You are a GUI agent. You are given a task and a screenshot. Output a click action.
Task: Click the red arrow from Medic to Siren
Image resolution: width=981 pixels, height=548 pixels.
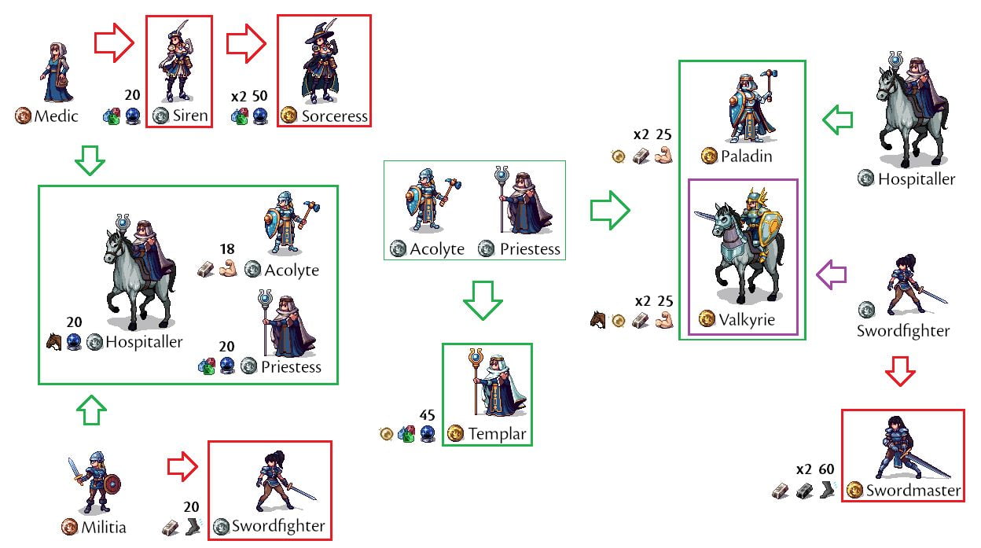click(x=115, y=45)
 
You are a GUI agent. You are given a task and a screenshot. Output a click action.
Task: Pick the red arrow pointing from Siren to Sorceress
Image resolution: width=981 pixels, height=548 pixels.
click(x=247, y=45)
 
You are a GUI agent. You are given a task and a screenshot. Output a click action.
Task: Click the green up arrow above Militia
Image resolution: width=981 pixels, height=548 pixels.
click(x=93, y=410)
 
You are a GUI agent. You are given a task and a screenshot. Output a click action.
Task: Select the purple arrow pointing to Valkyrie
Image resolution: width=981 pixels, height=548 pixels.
click(x=831, y=274)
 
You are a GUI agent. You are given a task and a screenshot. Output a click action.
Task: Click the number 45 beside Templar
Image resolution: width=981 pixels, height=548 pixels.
click(x=427, y=414)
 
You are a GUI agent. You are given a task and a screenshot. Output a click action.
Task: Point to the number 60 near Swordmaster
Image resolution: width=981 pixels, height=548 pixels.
click(x=826, y=469)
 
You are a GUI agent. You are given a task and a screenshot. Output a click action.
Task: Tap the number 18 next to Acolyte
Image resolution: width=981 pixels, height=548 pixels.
click(x=227, y=250)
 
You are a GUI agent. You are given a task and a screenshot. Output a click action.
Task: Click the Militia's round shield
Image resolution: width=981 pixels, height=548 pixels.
click(x=112, y=484)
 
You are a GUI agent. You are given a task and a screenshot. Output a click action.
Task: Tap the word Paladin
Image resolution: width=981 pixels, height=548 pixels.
click(x=746, y=156)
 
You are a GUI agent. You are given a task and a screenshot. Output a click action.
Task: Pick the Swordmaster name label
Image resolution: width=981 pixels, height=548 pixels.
click(x=913, y=491)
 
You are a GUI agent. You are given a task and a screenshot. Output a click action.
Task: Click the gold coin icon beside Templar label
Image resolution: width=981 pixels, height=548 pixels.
click(x=455, y=433)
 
